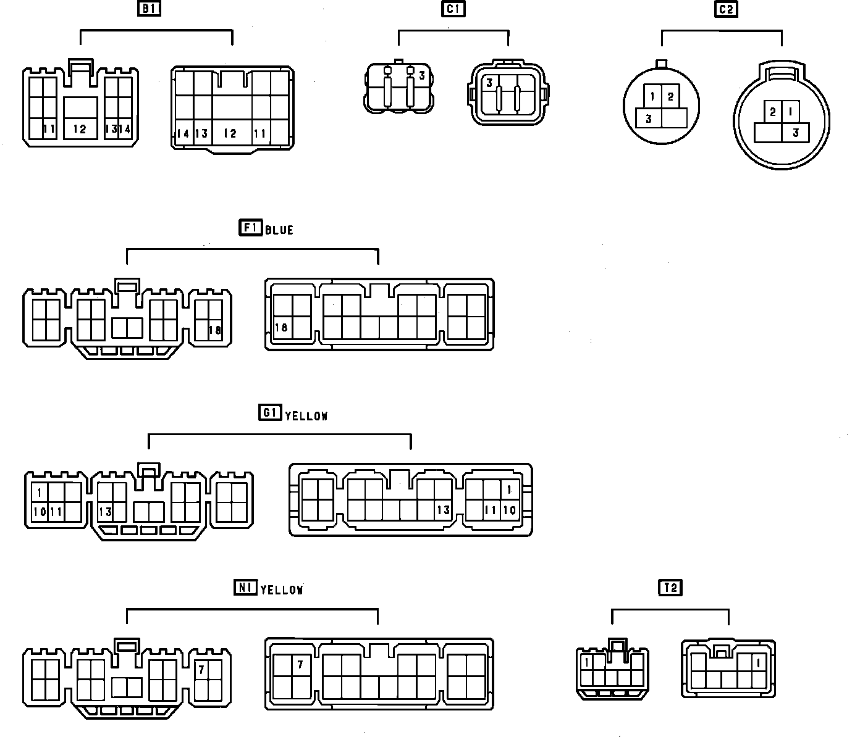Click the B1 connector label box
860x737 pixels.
coord(148,9)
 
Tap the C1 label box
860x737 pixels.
coord(453,9)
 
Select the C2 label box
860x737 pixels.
coord(727,9)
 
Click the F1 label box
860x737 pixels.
coord(250,228)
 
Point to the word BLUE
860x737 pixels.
coord(279,230)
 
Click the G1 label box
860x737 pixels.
coord(270,412)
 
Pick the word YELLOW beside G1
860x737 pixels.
coord(306,417)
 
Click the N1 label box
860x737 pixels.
coord(245,588)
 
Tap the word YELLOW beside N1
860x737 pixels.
coord(282,591)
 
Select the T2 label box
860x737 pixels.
coord(670,588)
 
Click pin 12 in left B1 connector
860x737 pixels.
coord(80,129)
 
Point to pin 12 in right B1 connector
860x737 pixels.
coord(230,133)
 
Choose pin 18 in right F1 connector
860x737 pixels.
coord(282,328)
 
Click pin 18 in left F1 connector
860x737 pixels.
coord(214,330)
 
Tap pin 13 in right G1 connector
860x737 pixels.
coord(443,510)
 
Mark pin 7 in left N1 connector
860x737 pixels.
coord(201,669)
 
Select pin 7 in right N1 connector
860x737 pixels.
coord(300,665)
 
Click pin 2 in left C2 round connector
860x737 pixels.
coord(670,97)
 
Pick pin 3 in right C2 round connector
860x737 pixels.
coord(796,133)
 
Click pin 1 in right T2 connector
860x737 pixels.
coord(758,664)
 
